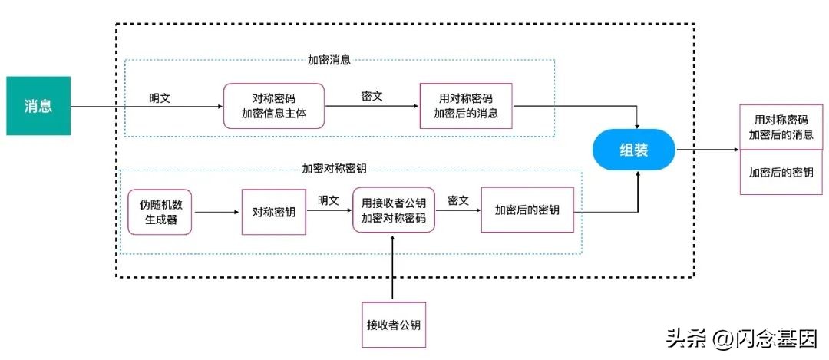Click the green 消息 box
pos(38,106)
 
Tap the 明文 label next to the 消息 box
pos(160,97)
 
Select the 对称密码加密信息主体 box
pos(274,106)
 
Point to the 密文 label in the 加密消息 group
pos(372,97)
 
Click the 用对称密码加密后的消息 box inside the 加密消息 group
pos(466,106)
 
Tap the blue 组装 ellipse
pos(633,150)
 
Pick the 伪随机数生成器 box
pos(160,211)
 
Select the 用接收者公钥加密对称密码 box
pos(393,210)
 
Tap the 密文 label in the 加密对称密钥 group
pos(458,199)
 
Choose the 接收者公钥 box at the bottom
pos(393,325)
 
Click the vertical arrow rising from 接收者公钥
pos(393,269)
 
